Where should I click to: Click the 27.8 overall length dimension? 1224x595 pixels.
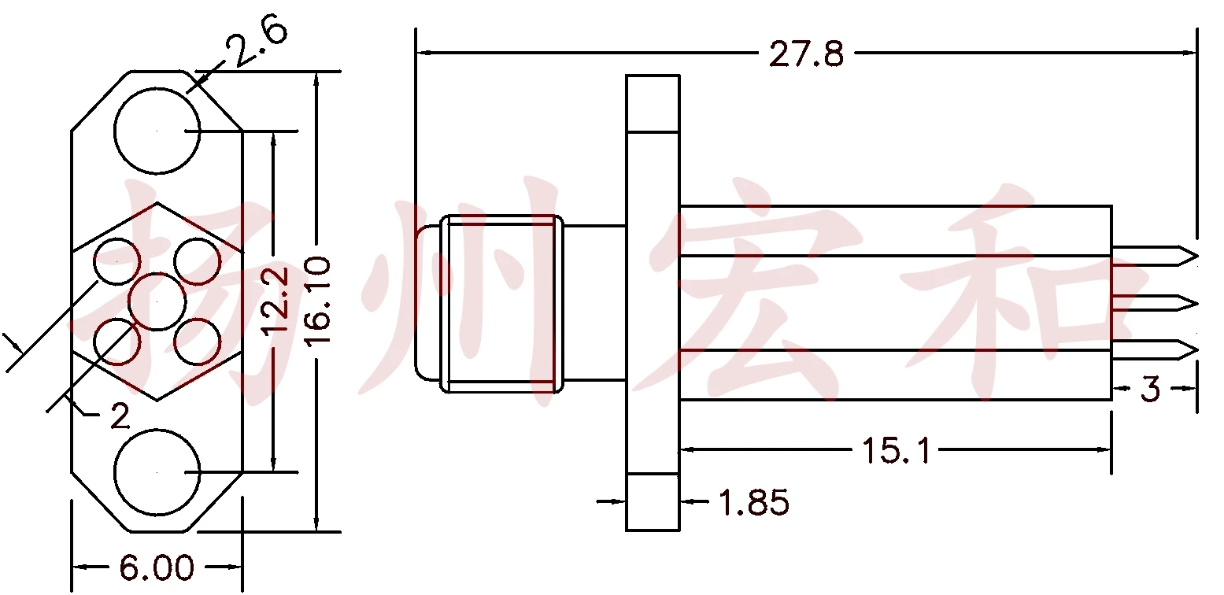806,54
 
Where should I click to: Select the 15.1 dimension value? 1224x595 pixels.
896,451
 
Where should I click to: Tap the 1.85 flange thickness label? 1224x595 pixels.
754,502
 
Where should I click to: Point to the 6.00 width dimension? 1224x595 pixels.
157,567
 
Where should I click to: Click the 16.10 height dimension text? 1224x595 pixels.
317,301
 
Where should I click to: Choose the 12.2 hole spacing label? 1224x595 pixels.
274,301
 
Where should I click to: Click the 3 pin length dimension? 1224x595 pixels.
1150,389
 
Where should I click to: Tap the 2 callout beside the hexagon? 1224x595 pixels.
120,416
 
